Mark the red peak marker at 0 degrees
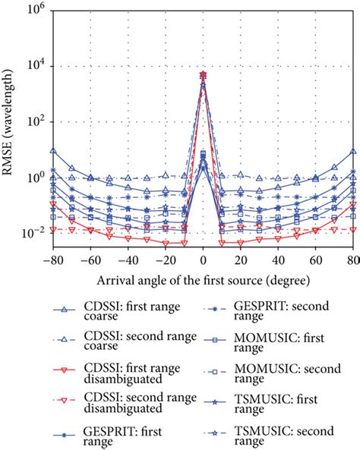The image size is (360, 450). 203,74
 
